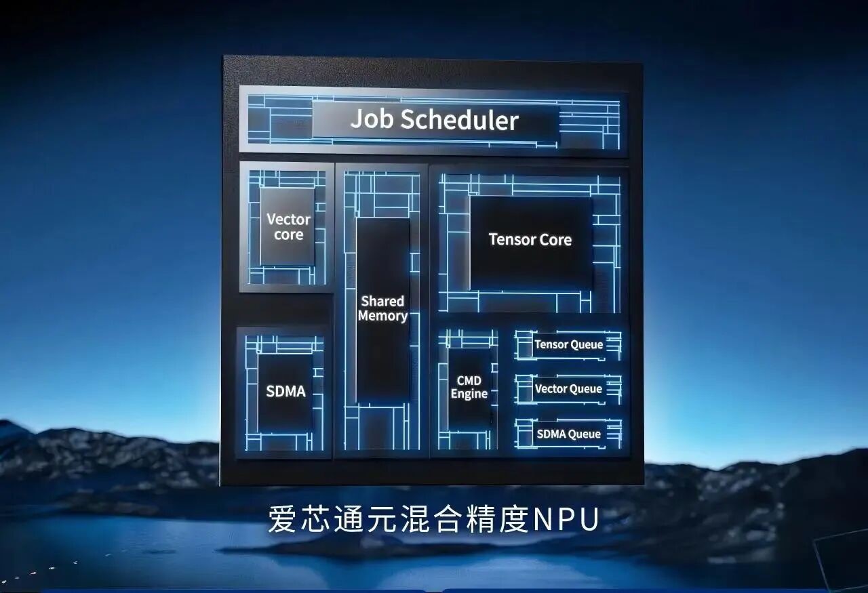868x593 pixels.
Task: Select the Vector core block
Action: [288, 227]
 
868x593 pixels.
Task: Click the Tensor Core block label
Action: [530, 239]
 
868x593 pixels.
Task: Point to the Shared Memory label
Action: [382, 308]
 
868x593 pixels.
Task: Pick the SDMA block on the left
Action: [285, 392]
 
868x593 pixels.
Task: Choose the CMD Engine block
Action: [469, 387]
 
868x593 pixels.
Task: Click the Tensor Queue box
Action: [568, 344]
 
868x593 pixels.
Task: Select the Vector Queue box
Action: [568, 389]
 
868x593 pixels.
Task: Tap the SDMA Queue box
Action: [568, 434]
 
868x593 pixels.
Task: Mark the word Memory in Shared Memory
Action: [382, 316]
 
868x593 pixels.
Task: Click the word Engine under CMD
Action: [469, 394]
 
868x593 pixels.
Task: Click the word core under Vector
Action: [288, 235]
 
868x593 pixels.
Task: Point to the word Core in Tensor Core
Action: [555, 239]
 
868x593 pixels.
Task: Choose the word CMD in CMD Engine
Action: [469, 380]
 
